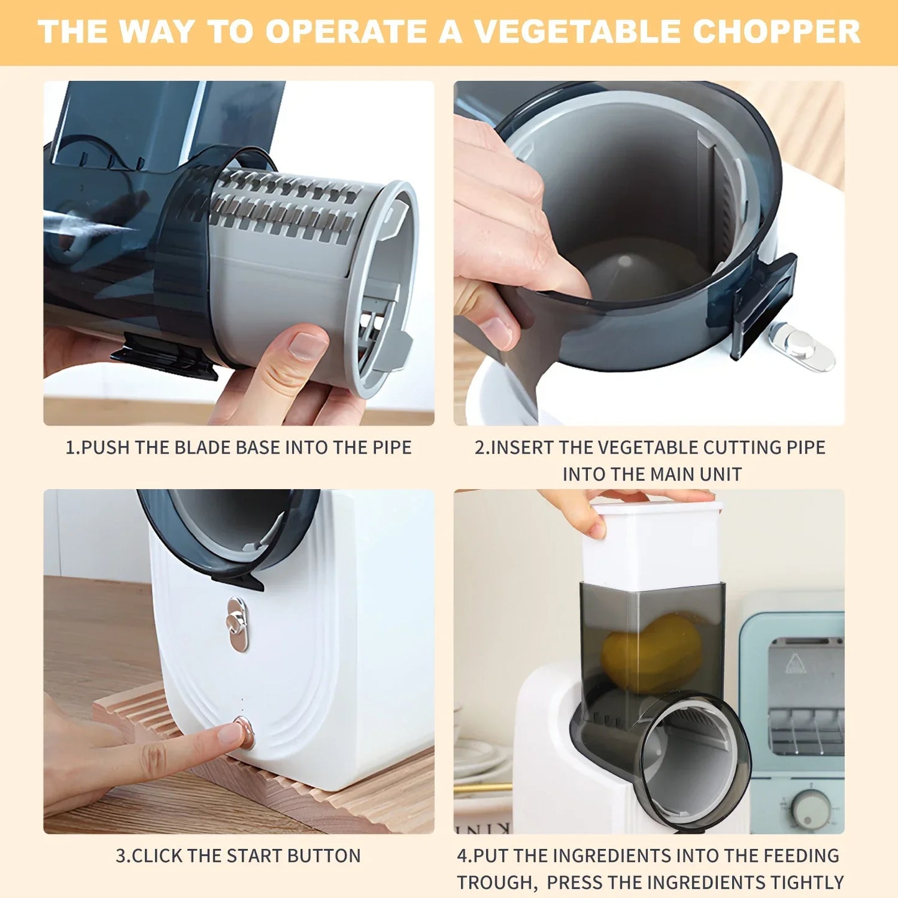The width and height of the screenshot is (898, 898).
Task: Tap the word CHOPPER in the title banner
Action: pyautogui.click(x=776, y=32)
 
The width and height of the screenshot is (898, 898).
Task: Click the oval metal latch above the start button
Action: pyautogui.click(x=237, y=624)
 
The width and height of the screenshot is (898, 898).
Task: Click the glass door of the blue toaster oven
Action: pyautogui.click(x=805, y=696)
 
